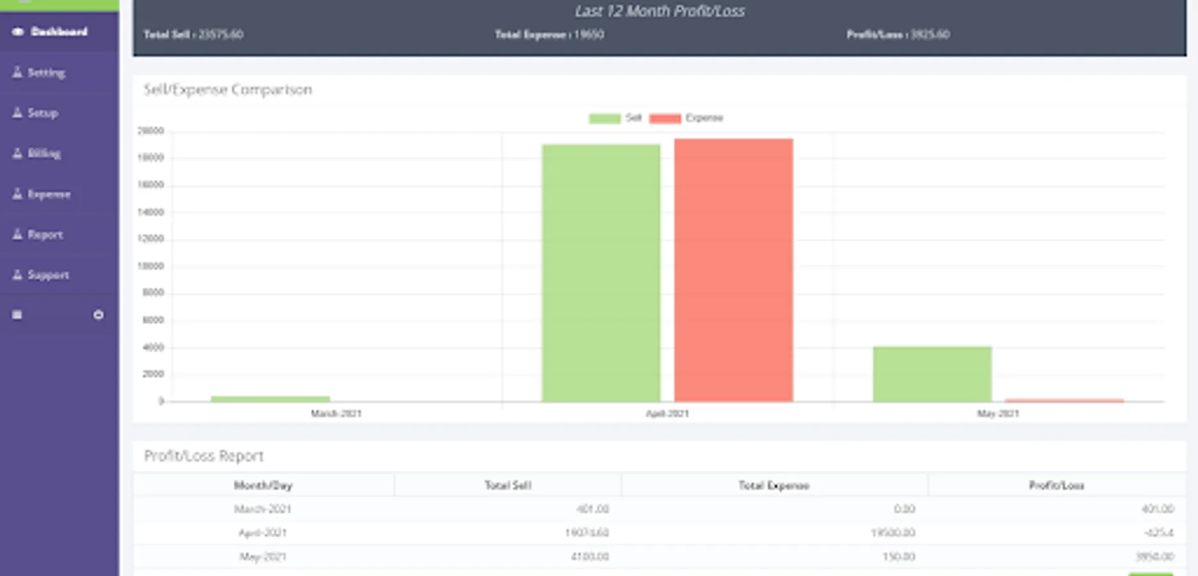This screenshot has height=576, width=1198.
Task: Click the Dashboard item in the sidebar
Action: click(58, 31)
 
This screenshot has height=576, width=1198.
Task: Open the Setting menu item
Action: click(45, 72)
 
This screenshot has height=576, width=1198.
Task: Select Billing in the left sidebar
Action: click(43, 154)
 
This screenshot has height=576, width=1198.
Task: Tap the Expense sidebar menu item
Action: click(48, 194)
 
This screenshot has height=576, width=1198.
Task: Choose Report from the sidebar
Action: click(45, 235)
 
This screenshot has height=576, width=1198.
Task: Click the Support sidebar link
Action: click(47, 275)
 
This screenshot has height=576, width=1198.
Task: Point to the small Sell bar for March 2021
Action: click(270, 399)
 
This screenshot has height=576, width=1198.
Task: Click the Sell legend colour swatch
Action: click(604, 118)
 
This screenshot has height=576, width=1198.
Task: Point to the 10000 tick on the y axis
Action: click(151, 266)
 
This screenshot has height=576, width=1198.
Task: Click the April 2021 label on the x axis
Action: click(667, 413)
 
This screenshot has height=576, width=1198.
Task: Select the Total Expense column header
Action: click(773, 486)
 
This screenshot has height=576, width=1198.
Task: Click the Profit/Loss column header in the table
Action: click(1056, 486)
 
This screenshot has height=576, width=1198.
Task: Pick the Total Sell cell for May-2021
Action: click(589, 557)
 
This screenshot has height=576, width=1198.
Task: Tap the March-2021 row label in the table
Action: click(262, 509)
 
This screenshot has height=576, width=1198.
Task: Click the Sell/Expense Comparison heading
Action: click(228, 90)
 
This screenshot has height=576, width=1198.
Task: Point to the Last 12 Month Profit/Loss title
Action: click(659, 12)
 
